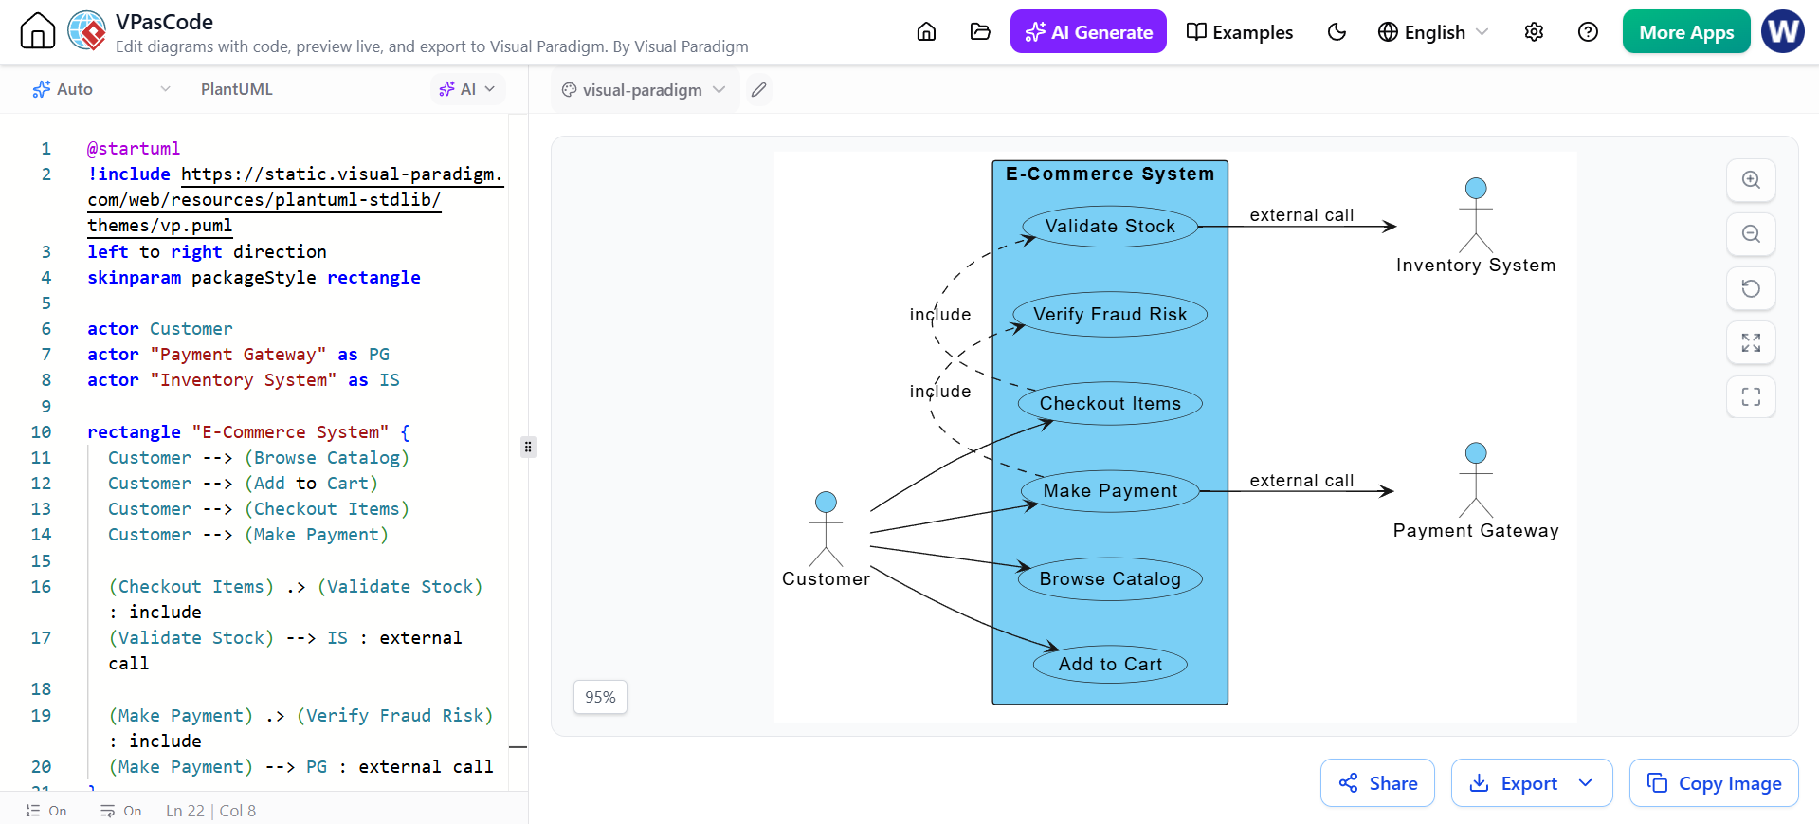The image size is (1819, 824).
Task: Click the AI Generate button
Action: coord(1088,32)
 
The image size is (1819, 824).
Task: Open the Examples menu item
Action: coord(1240,32)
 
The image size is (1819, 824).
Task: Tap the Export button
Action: coord(1531,783)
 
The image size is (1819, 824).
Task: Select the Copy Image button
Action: coord(1714,783)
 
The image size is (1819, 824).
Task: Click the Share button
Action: coord(1377,783)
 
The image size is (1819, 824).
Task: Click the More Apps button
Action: coord(1686,32)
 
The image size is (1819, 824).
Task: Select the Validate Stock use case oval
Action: coord(1110,227)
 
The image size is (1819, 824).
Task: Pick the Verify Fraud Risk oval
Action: coord(1110,315)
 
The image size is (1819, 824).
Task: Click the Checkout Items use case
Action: coord(1110,404)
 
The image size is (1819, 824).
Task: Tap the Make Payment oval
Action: coord(1110,491)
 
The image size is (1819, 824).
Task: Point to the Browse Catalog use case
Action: coord(1110,579)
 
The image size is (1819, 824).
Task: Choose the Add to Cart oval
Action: coord(1110,665)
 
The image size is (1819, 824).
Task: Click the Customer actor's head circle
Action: coord(827,502)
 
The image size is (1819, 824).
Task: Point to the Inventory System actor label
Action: coord(1476,266)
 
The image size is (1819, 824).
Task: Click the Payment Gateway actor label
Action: coord(1476,531)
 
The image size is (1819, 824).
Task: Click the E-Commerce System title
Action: coord(1110,174)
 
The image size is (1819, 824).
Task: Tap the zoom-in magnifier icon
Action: coord(1751,180)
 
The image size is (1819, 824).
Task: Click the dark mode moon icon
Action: coord(1337,32)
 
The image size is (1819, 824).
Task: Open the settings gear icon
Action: coord(1534,32)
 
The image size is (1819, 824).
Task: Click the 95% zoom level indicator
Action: coord(600,697)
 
